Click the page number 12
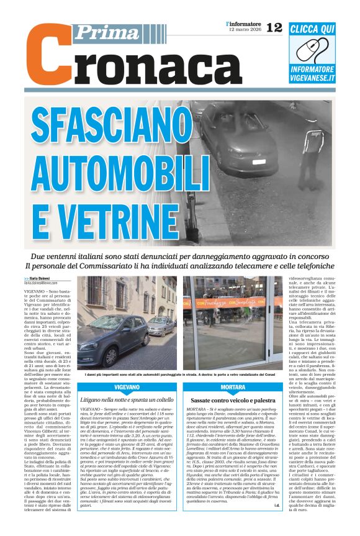pyautogui.click(x=274, y=27)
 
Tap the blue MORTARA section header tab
pyautogui.click(x=233, y=386)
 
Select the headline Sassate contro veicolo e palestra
pyautogui.click(x=233, y=401)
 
